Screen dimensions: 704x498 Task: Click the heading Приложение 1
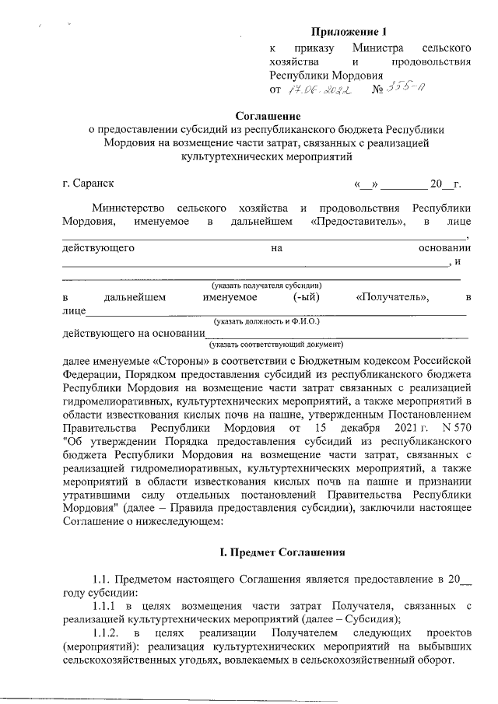(x=349, y=32)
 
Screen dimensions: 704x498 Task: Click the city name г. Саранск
(x=88, y=184)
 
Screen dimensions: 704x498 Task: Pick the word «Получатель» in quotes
(x=391, y=297)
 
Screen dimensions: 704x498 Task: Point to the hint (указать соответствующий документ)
(x=275, y=343)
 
